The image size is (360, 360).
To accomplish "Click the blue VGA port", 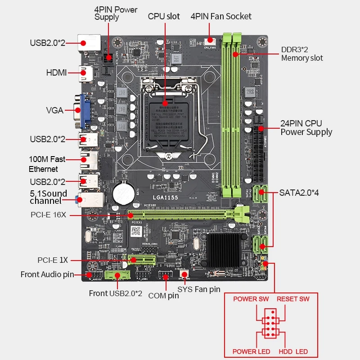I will pyautogui.click(x=85, y=109).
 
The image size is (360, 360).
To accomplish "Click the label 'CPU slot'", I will pyautogui.click(x=164, y=17).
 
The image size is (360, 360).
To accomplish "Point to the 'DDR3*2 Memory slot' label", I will pyautogui.click(x=302, y=54).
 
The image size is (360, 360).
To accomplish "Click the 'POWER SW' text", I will pyautogui.click(x=251, y=299).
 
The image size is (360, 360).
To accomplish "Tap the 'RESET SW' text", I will pyautogui.click(x=293, y=299).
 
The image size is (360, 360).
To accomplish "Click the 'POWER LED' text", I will pyautogui.click(x=251, y=351).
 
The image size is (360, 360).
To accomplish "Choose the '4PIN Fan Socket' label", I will pyautogui.click(x=221, y=17).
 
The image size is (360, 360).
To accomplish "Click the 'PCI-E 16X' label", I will pyautogui.click(x=49, y=215).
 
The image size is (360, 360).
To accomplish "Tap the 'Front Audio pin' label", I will pyautogui.click(x=47, y=274).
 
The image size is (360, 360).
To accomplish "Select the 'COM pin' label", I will pyautogui.click(x=163, y=296).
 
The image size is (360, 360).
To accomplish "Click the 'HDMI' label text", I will pyautogui.click(x=56, y=72).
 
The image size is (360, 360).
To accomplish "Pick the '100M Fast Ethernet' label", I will pyautogui.click(x=47, y=164).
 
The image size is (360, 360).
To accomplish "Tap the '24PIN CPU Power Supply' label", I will pyautogui.click(x=306, y=127).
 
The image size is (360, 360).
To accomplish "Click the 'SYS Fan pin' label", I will pyautogui.click(x=199, y=289).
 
